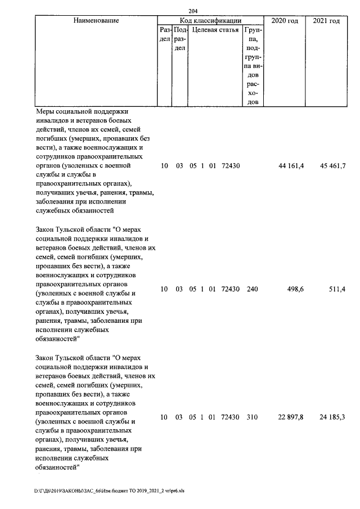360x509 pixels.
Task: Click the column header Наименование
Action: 96,21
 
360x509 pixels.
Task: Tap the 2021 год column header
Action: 326,21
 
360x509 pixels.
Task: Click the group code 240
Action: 252,289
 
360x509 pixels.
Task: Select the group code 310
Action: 252,417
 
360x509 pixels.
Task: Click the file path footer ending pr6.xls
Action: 109,491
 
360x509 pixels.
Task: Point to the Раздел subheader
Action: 165,34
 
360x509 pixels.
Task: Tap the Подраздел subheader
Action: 179,39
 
